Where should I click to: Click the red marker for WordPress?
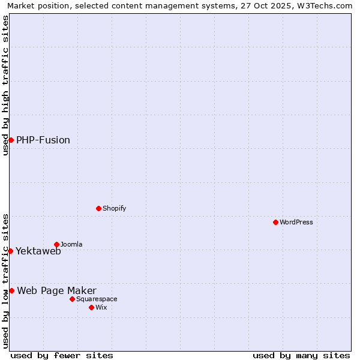click(275, 222)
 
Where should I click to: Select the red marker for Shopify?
click(98, 208)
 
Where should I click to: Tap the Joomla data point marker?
click(56, 244)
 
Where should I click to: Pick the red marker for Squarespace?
click(72, 299)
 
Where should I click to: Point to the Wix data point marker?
click(91, 307)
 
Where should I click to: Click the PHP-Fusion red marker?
click(11, 140)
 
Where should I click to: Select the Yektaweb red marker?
click(10, 251)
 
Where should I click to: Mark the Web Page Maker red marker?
click(11, 290)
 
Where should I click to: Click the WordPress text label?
click(296, 222)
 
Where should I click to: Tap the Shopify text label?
click(114, 208)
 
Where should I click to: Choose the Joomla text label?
click(71, 244)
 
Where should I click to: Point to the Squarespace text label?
click(97, 299)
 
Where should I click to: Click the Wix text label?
click(101, 307)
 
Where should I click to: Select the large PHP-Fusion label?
click(43, 140)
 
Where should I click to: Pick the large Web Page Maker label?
click(56, 291)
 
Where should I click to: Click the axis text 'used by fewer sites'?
click(62, 355)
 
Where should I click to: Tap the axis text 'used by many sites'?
click(301, 355)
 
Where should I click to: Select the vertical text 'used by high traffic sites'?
click(5, 85)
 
